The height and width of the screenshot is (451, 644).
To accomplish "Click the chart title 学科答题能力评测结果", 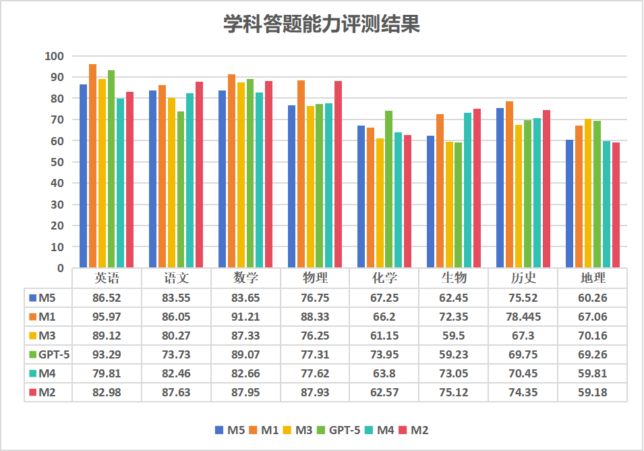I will click(x=322, y=25).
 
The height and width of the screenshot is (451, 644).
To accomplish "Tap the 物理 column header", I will click(x=315, y=278).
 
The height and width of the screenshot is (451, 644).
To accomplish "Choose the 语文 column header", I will click(x=176, y=278).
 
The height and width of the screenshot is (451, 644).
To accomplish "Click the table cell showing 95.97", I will click(x=107, y=317).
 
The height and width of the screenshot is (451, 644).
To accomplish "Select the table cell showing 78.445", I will click(x=523, y=317).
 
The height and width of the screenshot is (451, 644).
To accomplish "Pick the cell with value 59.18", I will click(x=593, y=392).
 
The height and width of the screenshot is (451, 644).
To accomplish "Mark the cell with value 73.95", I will click(x=384, y=354).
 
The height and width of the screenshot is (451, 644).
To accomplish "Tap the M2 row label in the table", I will click(x=47, y=392).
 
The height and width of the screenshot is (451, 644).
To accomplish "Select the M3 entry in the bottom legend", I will click(x=297, y=430).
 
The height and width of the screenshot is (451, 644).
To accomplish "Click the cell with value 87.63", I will click(x=176, y=392).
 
